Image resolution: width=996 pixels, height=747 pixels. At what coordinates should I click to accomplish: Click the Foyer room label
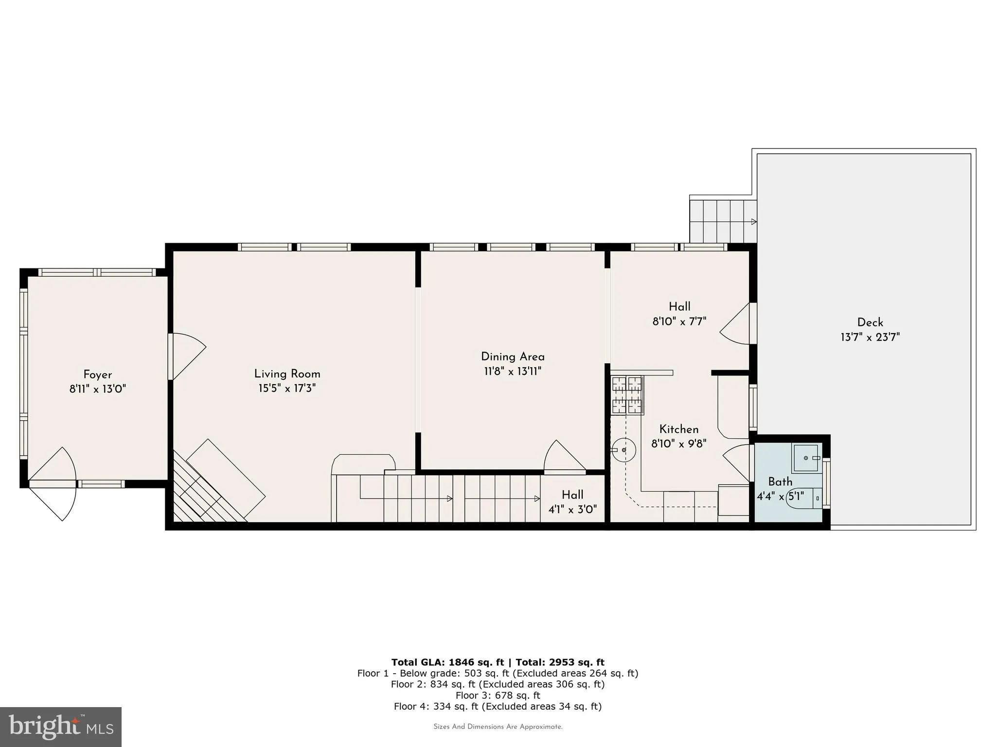(97, 374)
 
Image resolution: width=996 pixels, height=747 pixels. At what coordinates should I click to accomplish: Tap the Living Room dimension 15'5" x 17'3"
(287, 389)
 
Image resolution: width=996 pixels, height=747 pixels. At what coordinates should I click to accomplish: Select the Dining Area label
(513, 356)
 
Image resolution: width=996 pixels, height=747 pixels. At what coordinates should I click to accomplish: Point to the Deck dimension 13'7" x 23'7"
(870, 337)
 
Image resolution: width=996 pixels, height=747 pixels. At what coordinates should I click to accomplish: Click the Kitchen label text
(678, 429)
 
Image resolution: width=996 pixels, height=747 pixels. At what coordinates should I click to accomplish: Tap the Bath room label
(780, 481)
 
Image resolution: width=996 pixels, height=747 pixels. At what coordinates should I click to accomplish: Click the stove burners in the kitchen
(627, 395)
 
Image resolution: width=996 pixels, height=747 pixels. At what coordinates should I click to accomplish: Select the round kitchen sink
(624, 450)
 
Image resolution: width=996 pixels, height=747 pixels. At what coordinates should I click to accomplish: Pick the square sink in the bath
(805, 458)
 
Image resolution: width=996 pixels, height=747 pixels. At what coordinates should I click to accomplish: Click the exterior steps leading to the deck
(723, 222)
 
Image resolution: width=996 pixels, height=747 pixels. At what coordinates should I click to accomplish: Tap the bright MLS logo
(60, 727)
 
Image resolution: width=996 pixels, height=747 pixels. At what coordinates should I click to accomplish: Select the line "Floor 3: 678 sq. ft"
(498, 695)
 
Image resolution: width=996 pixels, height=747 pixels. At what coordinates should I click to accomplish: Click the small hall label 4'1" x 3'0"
(572, 509)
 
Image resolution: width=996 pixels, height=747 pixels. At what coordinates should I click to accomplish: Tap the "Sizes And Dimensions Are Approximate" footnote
(498, 727)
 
